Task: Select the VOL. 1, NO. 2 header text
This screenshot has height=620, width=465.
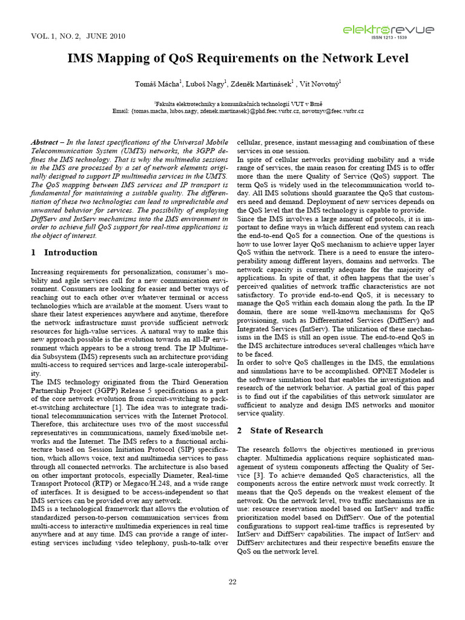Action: (x=58, y=36)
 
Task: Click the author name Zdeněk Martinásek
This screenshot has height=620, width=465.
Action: (x=264, y=83)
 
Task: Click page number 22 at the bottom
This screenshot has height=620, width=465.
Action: (x=232, y=582)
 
